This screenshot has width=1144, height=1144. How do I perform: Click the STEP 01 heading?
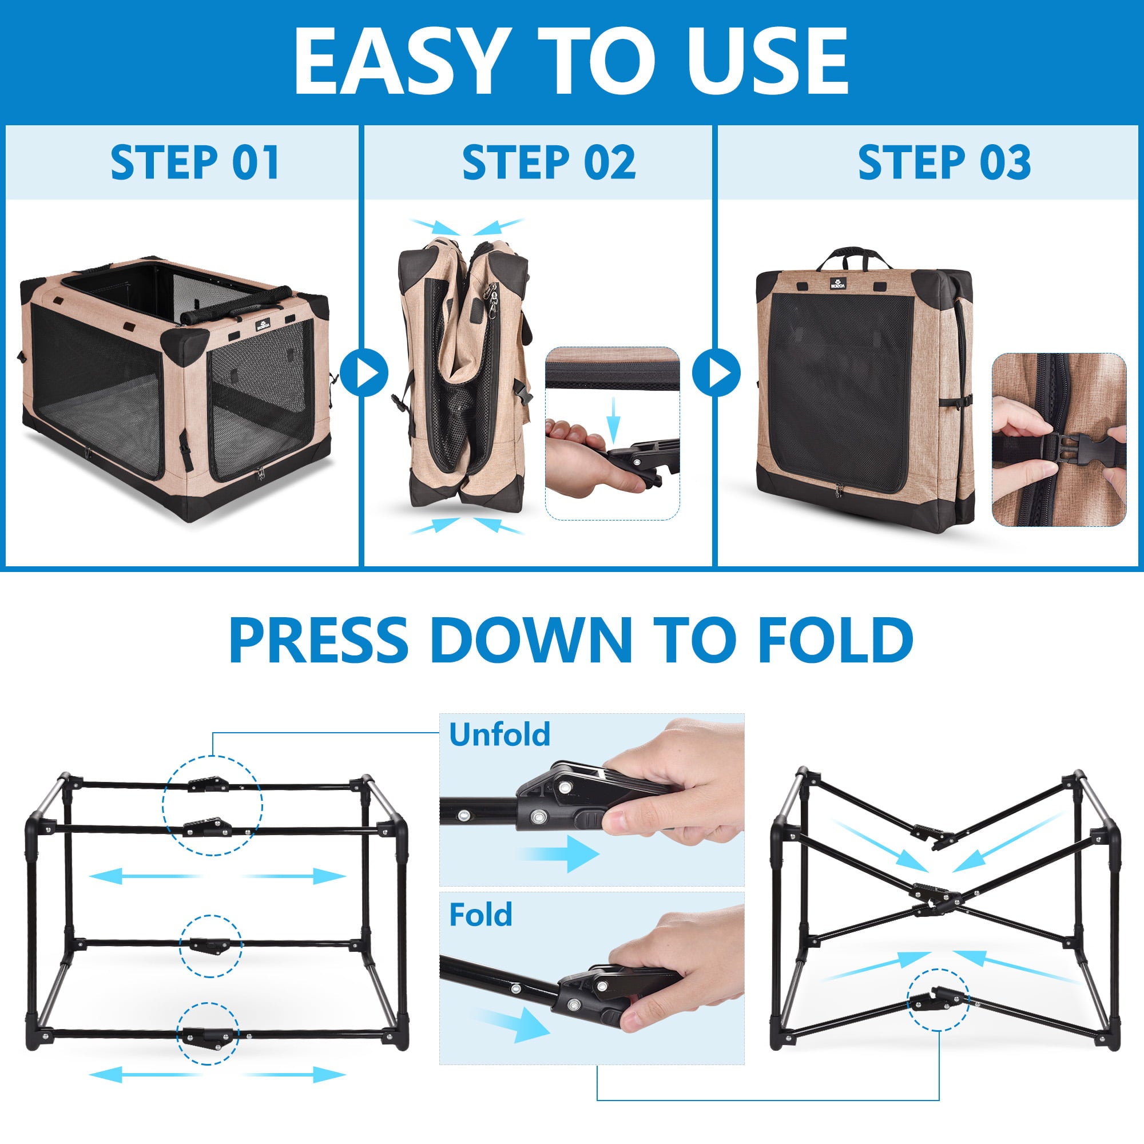point(195,162)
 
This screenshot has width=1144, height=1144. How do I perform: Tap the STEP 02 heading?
point(549,162)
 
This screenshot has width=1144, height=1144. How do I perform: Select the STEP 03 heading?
point(944,162)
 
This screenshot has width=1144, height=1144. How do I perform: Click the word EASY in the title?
point(403,61)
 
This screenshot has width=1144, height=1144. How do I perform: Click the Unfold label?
point(500,734)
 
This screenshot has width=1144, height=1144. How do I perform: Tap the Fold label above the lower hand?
point(481,915)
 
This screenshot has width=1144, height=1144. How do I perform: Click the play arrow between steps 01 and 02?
point(364,373)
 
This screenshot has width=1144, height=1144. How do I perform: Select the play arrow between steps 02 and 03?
point(717,373)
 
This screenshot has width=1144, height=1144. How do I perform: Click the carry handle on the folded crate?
point(854,257)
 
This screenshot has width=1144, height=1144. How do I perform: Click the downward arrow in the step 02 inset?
point(614,420)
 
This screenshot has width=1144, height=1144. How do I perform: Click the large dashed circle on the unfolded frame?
point(213,805)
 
